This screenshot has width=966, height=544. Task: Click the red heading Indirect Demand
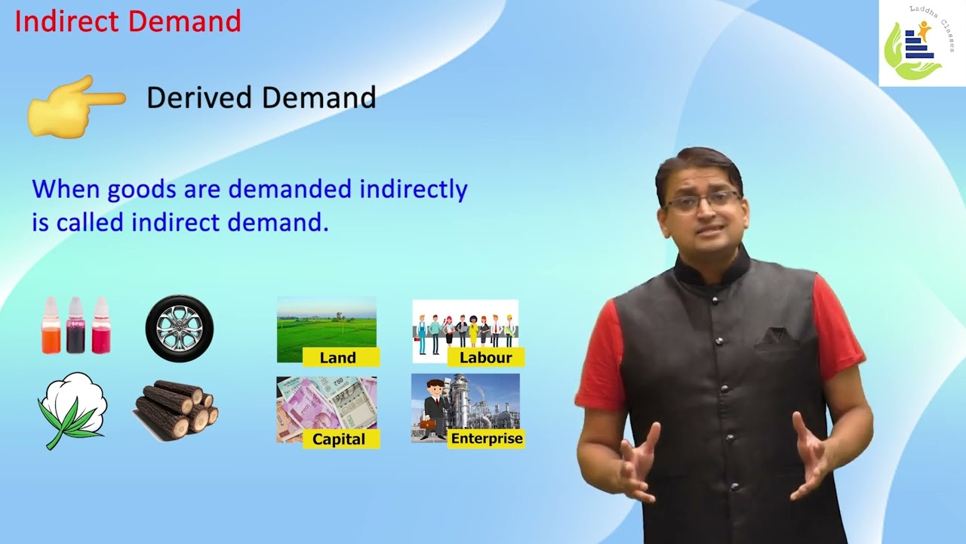(x=128, y=21)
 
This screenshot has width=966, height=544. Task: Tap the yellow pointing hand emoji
(x=75, y=106)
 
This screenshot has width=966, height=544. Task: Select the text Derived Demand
(x=261, y=97)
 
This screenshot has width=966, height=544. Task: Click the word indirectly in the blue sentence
(x=413, y=189)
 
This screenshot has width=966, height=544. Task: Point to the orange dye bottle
(x=51, y=326)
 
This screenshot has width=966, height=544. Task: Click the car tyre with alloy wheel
(x=180, y=329)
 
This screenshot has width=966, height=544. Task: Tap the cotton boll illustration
(x=72, y=408)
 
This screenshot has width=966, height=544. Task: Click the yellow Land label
(x=338, y=357)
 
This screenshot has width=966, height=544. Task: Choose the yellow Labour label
(x=485, y=357)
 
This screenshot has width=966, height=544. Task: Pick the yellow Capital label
(x=339, y=439)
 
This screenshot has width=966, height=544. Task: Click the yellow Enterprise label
(x=486, y=438)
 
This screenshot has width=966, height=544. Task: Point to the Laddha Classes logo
(x=921, y=44)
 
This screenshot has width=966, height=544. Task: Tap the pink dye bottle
(x=100, y=326)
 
